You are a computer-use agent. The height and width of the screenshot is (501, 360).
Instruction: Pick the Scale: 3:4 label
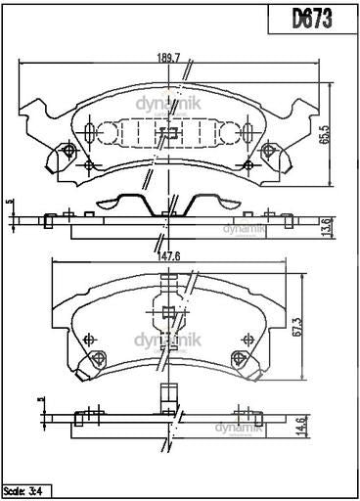[x=25, y=490]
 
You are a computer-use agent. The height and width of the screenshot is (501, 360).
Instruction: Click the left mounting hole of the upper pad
[x=69, y=151]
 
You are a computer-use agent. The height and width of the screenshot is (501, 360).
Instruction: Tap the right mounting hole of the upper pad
[x=270, y=151]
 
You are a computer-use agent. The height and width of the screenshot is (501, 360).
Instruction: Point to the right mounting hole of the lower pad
[x=240, y=358]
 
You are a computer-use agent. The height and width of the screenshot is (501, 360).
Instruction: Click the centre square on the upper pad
[x=169, y=133]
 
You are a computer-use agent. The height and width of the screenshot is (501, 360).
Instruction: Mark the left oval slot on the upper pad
[x=90, y=132]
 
